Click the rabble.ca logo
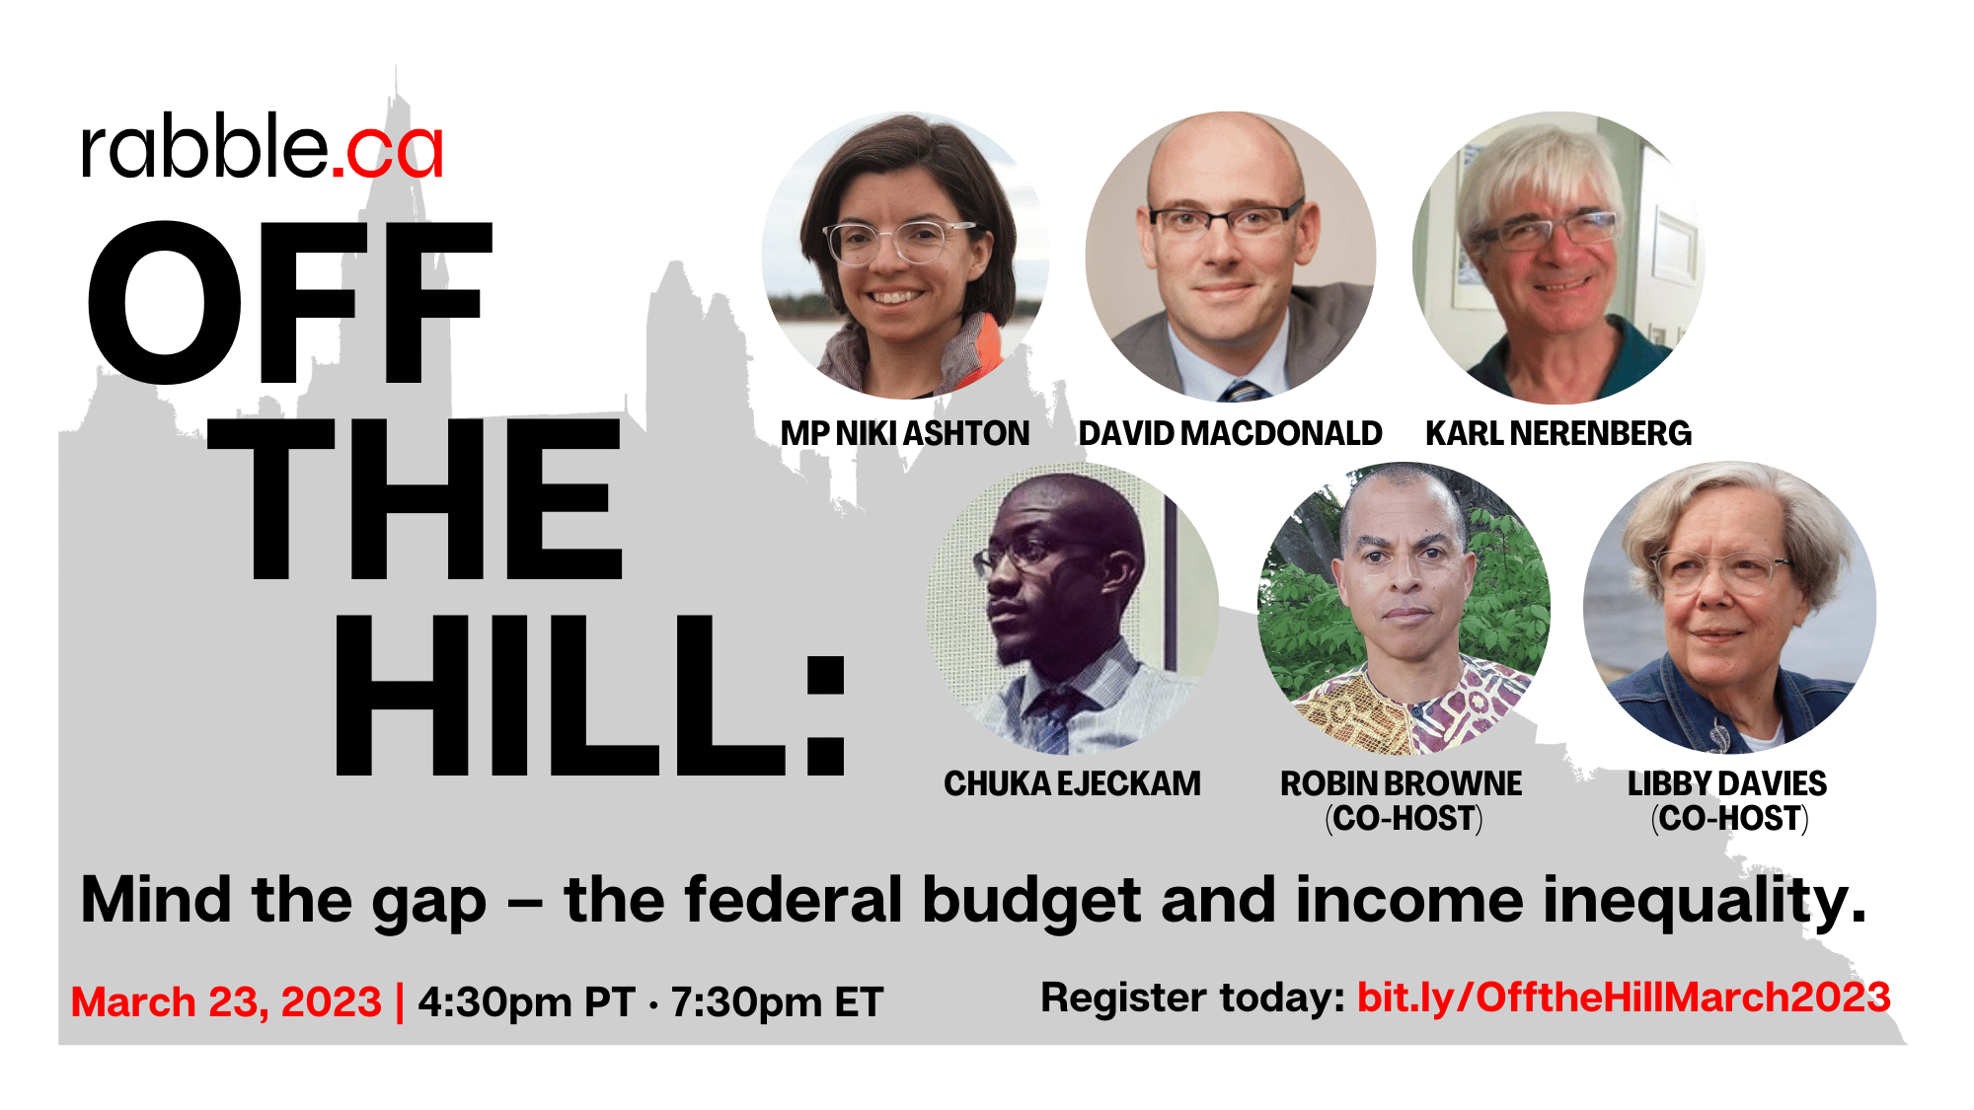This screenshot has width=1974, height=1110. [x=262, y=150]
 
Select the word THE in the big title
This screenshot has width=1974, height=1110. [x=416, y=499]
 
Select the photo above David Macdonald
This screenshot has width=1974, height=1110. [x=1230, y=257]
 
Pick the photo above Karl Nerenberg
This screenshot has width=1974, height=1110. [x=1558, y=257]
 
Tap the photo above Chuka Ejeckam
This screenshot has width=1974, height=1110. [x=1073, y=608]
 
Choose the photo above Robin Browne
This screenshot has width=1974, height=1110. [x=1403, y=608]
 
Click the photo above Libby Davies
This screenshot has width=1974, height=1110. [x=1728, y=608]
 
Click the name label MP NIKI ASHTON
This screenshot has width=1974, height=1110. [x=905, y=433]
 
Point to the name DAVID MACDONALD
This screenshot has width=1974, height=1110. [x=1230, y=433]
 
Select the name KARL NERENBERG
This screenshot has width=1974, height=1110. [x=1558, y=433]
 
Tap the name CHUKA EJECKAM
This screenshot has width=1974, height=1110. [x=1073, y=783]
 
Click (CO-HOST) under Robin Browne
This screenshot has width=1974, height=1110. [x=1403, y=819]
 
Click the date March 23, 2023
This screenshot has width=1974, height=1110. [x=226, y=1002]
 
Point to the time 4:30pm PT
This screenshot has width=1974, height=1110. [x=525, y=1002]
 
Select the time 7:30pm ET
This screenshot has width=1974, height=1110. [x=777, y=1002]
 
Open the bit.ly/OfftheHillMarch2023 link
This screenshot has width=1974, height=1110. [x=1624, y=998]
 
